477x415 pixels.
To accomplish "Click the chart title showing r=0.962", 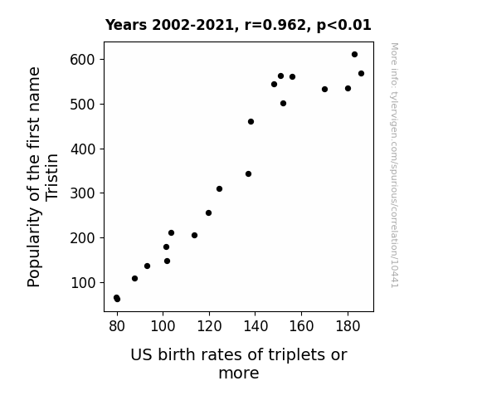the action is point(238,25).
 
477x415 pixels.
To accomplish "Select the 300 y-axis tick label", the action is point(82,193).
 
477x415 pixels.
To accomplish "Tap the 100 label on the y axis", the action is point(83,282).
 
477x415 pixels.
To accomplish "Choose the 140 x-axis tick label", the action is point(256,326).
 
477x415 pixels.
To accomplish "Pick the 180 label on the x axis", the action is point(348,326).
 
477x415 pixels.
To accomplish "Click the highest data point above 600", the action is point(354,55).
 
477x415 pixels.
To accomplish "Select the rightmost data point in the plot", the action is point(361,73).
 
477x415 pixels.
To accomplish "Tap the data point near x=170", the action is point(324,89).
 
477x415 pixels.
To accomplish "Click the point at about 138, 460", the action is point(251,121).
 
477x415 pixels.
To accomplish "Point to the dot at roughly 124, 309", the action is point(219,188).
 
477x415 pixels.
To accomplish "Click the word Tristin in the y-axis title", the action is point(51,177).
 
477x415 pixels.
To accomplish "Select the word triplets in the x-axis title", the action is point(292,355).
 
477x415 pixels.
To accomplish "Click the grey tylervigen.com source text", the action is point(394,165).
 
